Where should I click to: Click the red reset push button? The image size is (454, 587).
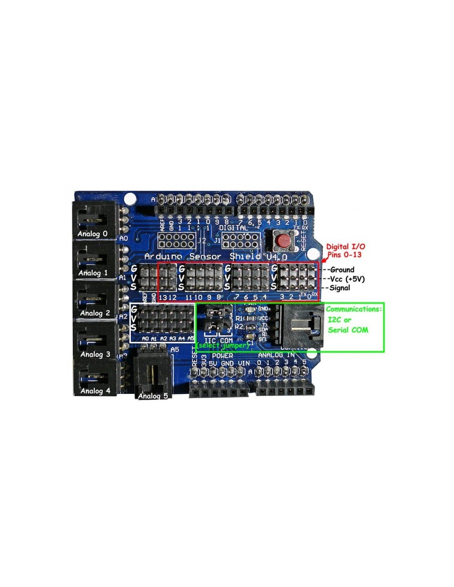tap(283, 241)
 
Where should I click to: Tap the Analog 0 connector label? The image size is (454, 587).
tap(92, 234)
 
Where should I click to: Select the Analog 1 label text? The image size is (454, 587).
tap(93, 273)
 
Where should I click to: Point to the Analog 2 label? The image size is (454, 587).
tap(95, 313)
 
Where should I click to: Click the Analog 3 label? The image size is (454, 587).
tap(95, 354)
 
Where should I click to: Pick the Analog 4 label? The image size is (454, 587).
tap(95, 391)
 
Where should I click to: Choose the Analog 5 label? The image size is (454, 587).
tap(153, 396)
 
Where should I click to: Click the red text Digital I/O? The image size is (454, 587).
tap(345, 246)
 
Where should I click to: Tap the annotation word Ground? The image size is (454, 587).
tap(342, 270)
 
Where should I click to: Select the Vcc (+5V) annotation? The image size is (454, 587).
tap(347, 279)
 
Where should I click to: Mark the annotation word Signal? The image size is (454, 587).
tap(340, 288)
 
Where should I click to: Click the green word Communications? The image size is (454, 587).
tap(354, 309)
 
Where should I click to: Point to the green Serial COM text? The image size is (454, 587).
tap(348, 330)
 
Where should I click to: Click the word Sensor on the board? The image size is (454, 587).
tap(205, 256)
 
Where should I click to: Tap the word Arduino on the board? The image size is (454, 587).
tap(163, 256)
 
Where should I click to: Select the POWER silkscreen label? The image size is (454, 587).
tap(222, 355)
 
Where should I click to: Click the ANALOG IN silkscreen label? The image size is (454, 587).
tap(276, 355)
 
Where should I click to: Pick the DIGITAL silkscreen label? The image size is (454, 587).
tap(233, 227)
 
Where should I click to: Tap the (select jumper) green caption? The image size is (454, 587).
tap(223, 345)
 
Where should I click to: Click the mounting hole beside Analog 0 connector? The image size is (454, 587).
tap(130, 198)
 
